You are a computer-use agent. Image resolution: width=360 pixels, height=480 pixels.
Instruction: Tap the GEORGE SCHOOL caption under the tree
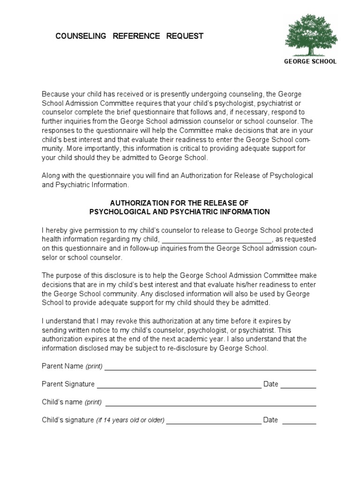[x=311, y=61]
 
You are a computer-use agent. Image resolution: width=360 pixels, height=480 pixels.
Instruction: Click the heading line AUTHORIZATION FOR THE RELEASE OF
[x=179, y=203]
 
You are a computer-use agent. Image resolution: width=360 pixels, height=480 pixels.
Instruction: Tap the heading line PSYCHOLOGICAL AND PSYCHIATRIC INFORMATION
[x=180, y=212]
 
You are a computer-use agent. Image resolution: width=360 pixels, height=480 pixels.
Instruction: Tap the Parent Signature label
[x=68, y=384]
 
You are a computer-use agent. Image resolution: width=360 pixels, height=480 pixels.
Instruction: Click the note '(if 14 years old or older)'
[x=130, y=420]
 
